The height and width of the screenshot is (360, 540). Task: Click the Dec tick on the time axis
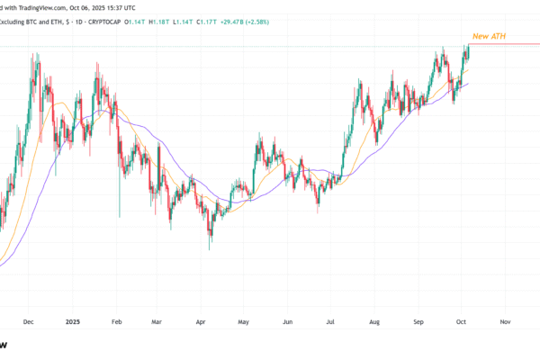pyautogui.click(x=28, y=320)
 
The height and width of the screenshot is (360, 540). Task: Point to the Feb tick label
pyautogui.click(x=115, y=320)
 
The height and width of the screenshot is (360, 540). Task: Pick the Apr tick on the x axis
pyautogui.click(x=200, y=320)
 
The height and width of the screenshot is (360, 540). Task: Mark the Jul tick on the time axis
pyautogui.click(x=329, y=320)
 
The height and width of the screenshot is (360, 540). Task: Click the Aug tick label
pyautogui.click(x=373, y=320)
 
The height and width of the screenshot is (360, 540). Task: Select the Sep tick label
pyautogui.click(x=418, y=320)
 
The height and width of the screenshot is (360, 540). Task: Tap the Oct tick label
pyautogui.click(x=460, y=320)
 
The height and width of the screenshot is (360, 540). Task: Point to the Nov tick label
pyautogui.click(x=504, y=320)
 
